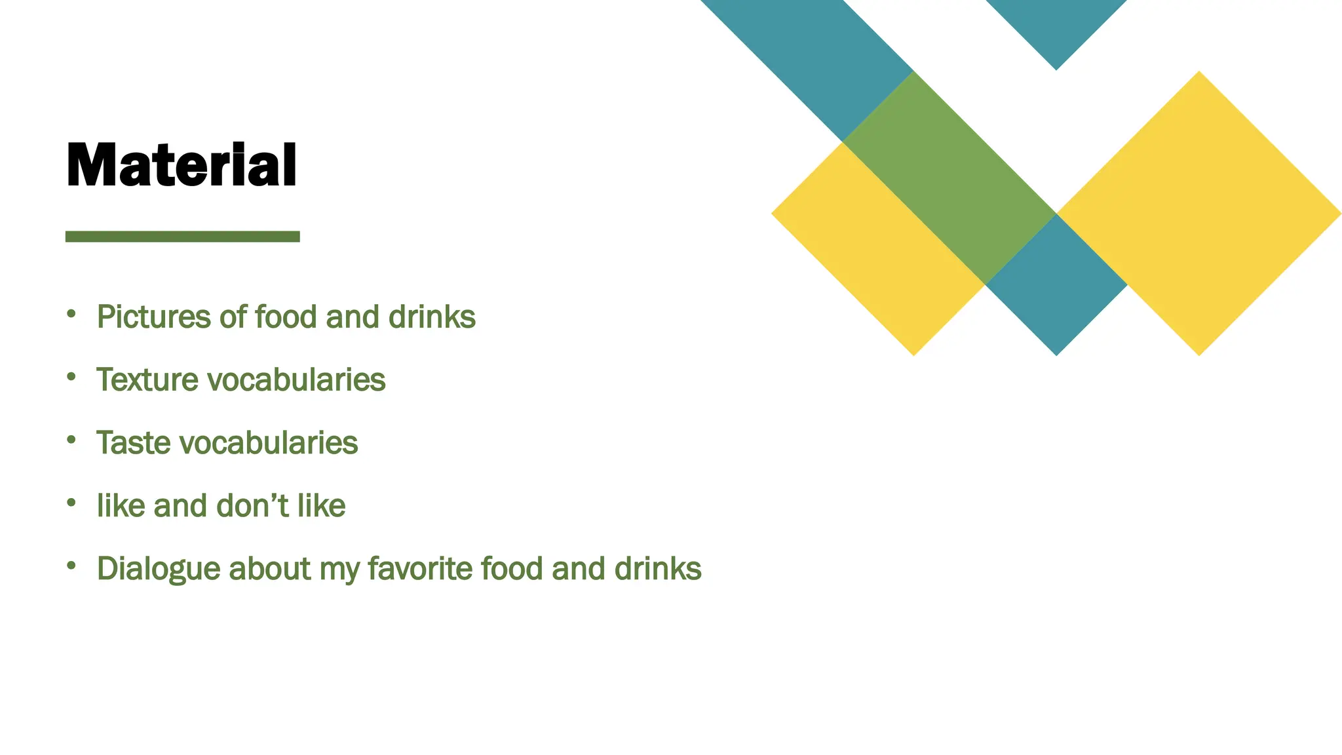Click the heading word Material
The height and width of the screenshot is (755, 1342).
click(x=182, y=165)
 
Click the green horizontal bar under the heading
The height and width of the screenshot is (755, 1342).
click(x=182, y=237)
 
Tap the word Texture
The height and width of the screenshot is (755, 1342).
click(x=147, y=380)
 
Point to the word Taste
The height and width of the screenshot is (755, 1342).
click(x=134, y=443)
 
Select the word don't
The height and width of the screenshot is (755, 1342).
click(x=252, y=506)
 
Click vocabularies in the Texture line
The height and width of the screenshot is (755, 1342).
click(x=296, y=380)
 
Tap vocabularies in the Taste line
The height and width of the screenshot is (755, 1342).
click(x=269, y=443)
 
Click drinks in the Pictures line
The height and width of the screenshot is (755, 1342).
click(x=432, y=317)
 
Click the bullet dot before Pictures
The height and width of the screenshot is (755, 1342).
click(x=71, y=314)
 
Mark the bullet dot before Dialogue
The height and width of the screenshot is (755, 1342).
click(x=71, y=565)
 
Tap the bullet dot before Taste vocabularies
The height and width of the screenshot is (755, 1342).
click(x=71, y=440)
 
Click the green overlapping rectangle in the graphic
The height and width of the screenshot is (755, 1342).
click(x=949, y=177)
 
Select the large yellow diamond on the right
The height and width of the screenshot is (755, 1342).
click(x=1199, y=214)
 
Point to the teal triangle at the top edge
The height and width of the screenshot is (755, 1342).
click(x=1056, y=26)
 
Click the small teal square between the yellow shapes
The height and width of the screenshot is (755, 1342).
click(x=1056, y=285)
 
